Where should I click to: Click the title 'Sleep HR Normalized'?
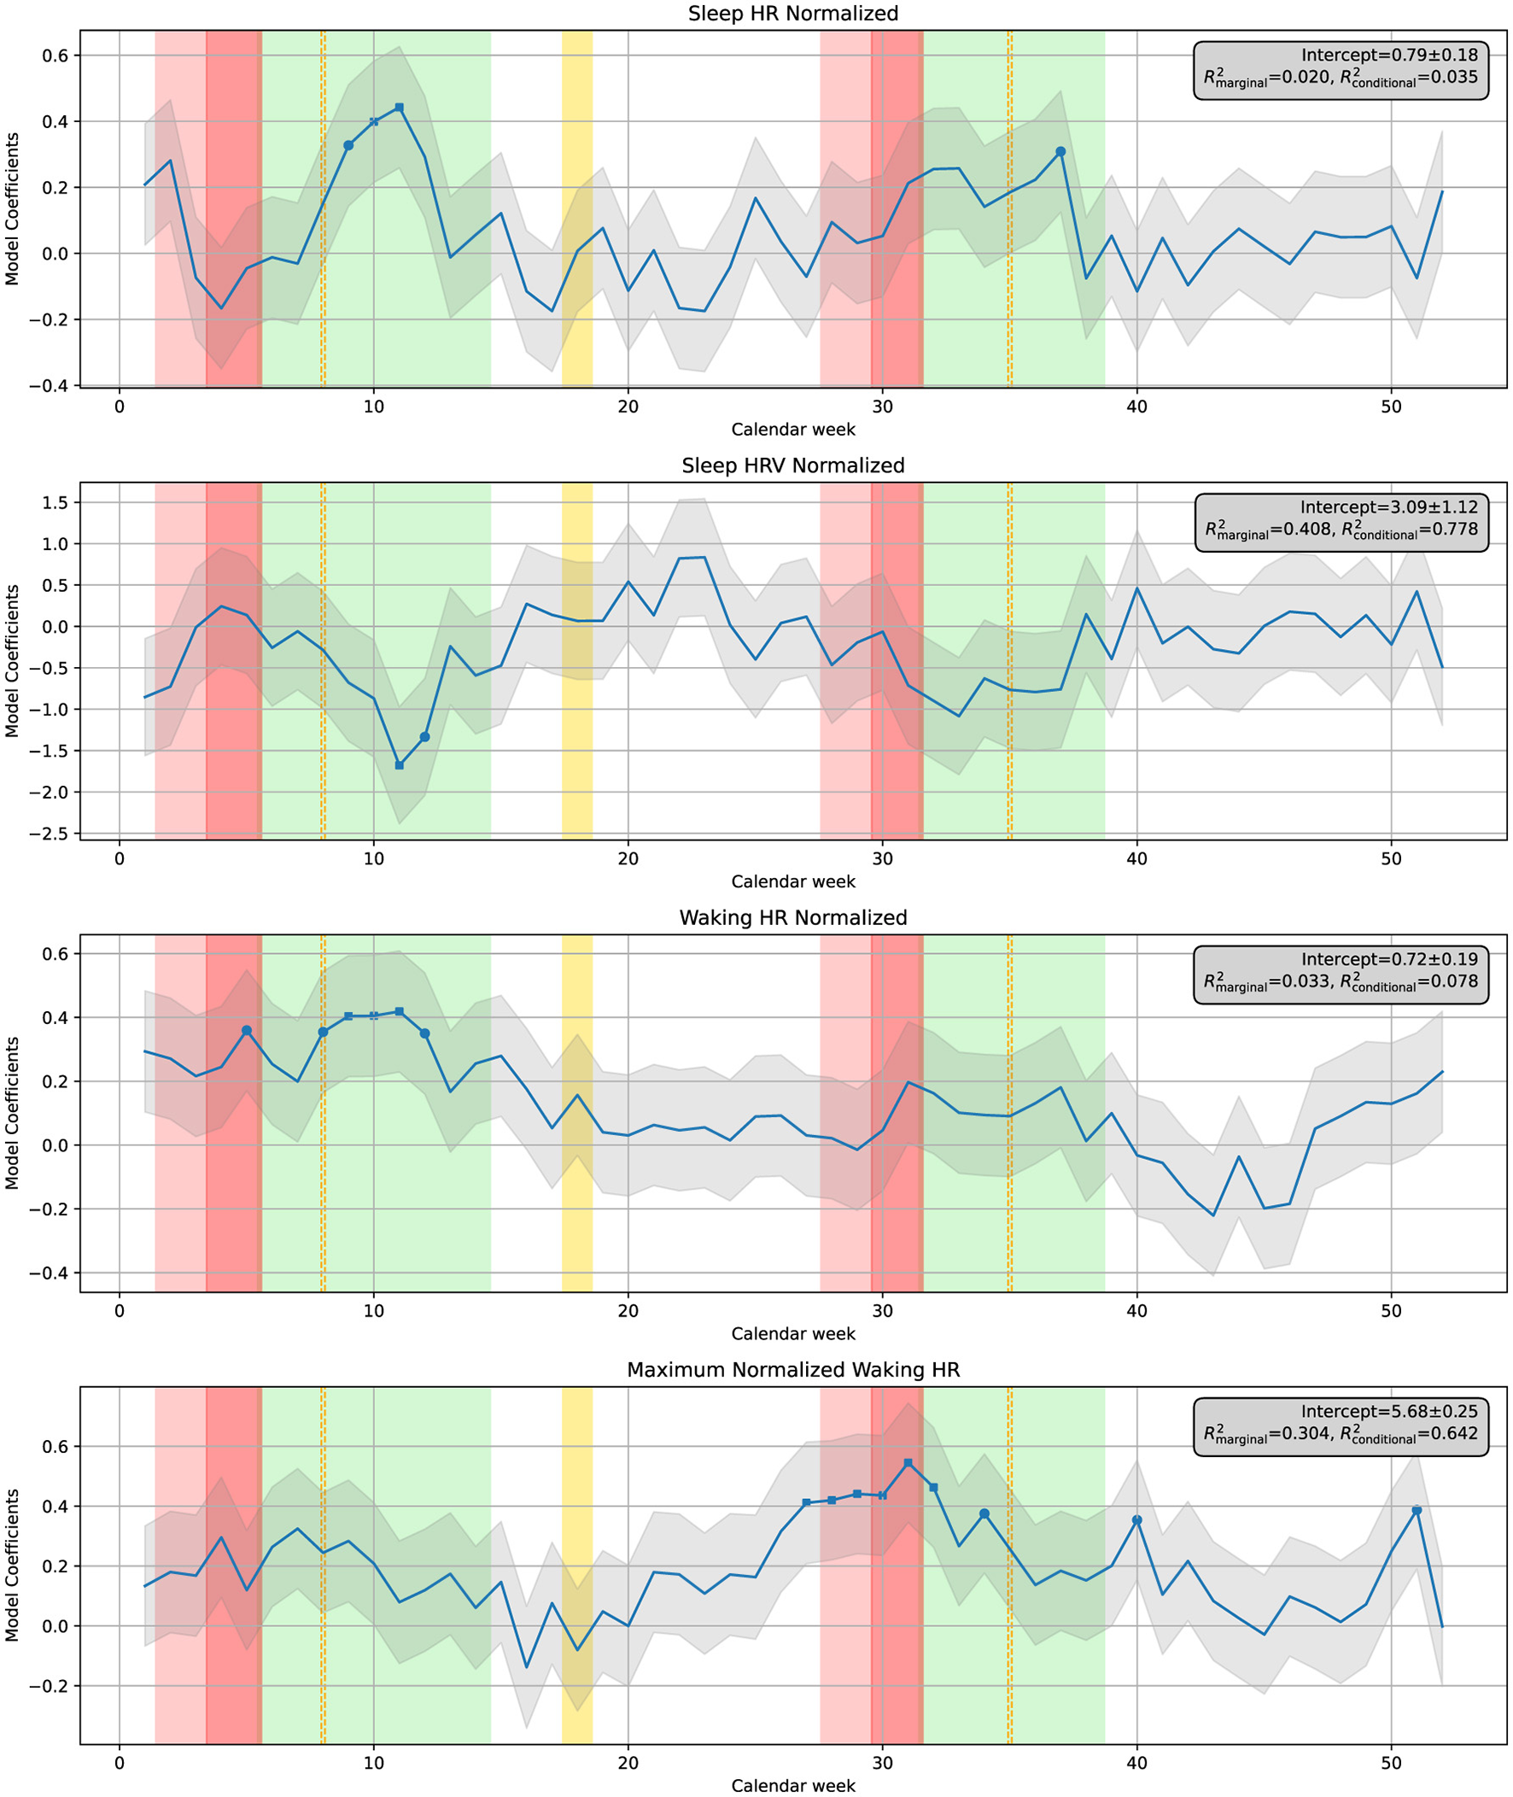tap(792, 14)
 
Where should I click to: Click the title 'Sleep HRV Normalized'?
tap(792, 465)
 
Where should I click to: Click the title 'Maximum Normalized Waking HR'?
tap(792, 1370)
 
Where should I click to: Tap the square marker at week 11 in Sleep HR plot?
tap(399, 108)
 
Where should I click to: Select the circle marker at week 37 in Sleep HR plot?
tap(1060, 152)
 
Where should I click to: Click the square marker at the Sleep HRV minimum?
tap(399, 765)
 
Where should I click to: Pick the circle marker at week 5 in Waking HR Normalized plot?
tap(246, 1030)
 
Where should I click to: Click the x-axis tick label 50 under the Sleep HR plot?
tap(1390, 407)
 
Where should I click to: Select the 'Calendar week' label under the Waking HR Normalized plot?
tap(792, 1334)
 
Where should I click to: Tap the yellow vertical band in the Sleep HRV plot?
tap(576, 660)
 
